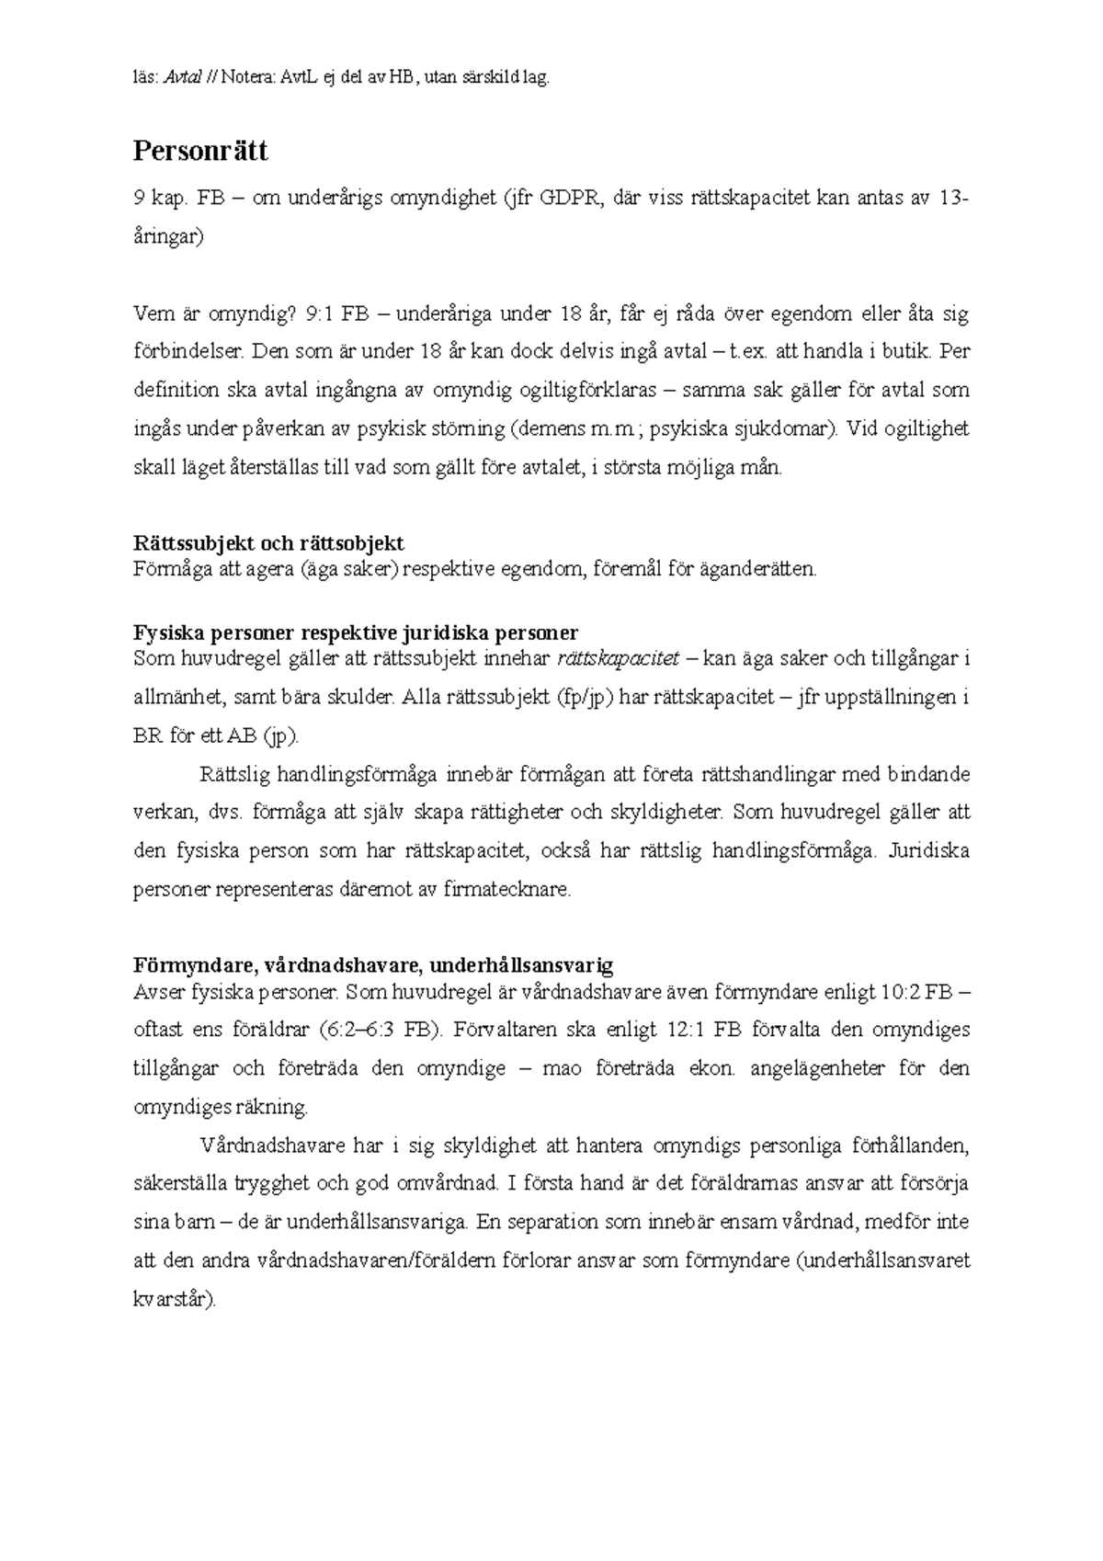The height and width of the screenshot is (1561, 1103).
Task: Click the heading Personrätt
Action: pyautogui.click(x=200, y=151)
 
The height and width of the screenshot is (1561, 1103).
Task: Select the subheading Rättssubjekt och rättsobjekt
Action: pyautogui.click(x=268, y=543)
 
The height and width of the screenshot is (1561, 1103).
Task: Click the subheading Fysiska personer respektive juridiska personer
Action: pyautogui.click(x=356, y=633)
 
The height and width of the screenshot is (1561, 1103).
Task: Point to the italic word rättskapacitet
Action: pyautogui.click(x=619, y=658)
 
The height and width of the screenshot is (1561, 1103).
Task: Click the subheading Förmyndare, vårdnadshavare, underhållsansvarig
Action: pyautogui.click(x=373, y=966)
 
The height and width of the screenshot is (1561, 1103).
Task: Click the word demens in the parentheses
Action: pyautogui.click(x=551, y=428)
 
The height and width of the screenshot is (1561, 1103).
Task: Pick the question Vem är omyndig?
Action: pyautogui.click(x=216, y=314)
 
